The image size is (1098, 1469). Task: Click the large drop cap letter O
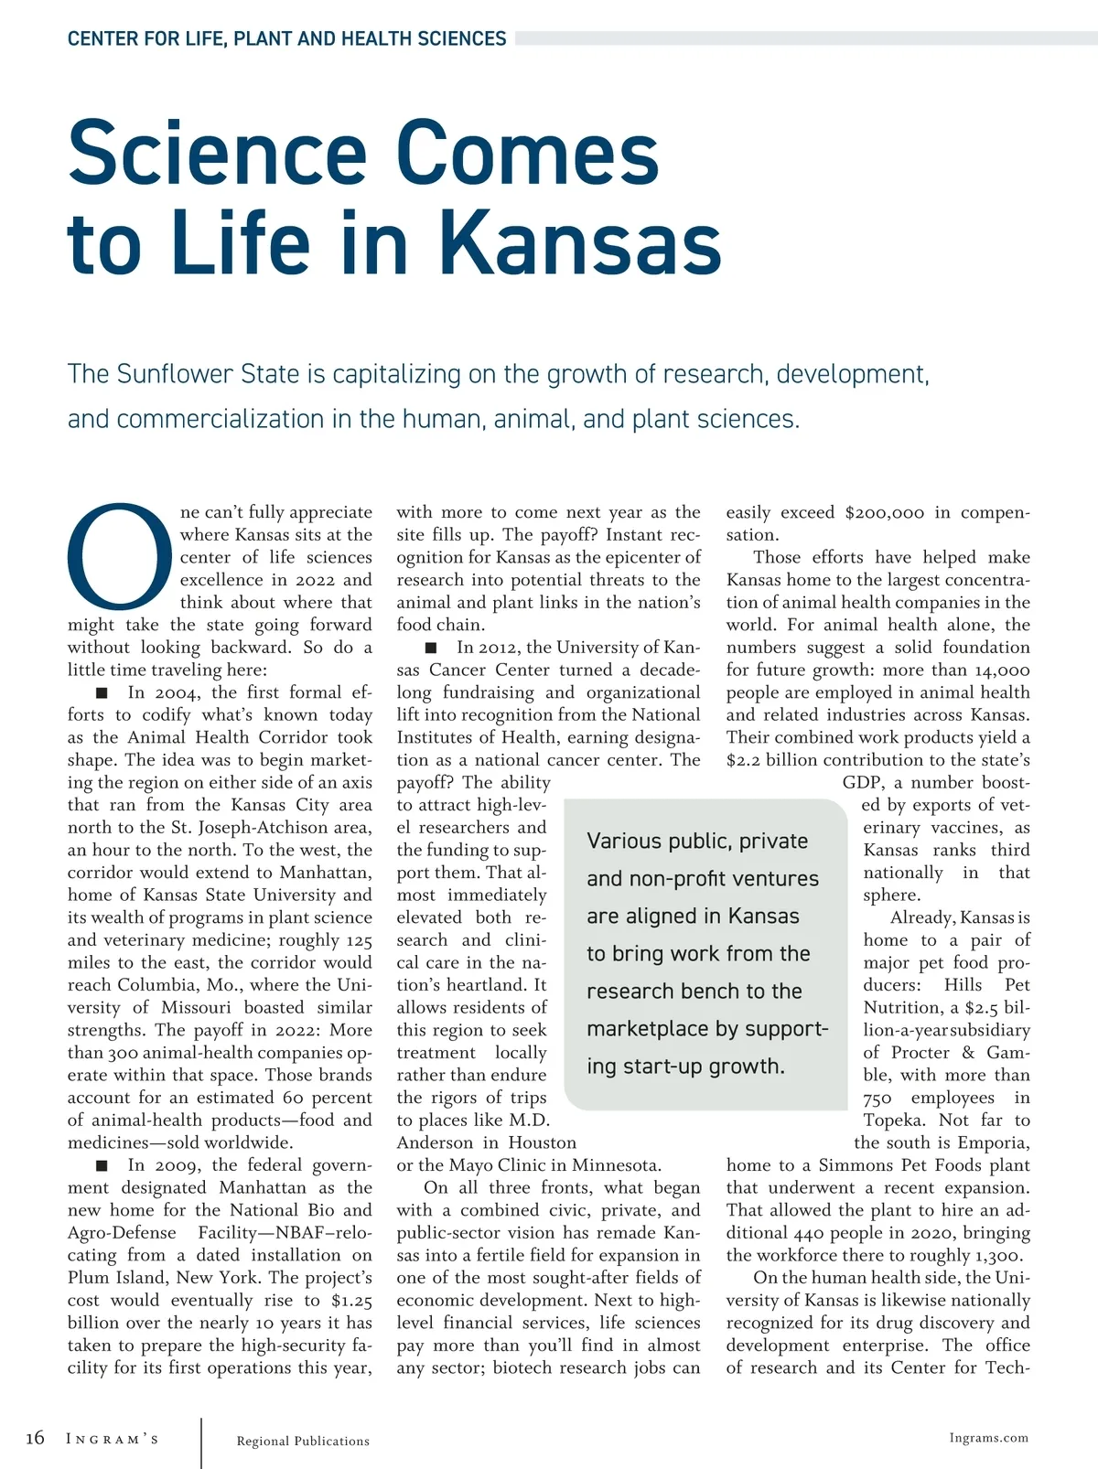(x=120, y=555)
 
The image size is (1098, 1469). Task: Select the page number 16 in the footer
(x=35, y=1439)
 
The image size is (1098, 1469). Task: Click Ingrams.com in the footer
(x=988, y=1438)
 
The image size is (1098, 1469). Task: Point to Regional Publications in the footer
(x=303, y=1442)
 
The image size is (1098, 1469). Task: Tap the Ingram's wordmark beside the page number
(x=113, y=1440)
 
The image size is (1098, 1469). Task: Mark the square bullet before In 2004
(x=102, y=693)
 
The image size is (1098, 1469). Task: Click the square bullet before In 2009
(x=102, y=1165)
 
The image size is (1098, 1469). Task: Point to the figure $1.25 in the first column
(x=351, y=1301)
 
